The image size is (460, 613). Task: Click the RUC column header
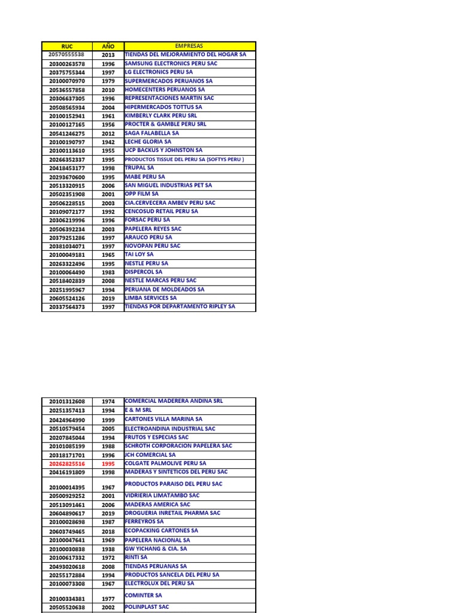[x=67, y=46]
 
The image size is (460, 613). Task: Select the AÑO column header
[x=108, y=46]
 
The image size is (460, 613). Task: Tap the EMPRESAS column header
[x=189, y=46]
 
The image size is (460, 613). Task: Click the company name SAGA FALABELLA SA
[x=152, y=133]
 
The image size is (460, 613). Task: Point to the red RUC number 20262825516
[x=67, y=463]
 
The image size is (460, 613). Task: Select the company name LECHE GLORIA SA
[x=148, y=142]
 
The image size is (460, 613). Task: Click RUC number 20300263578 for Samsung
[x=67, y=64]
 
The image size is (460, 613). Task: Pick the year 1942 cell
[x=108, y=142]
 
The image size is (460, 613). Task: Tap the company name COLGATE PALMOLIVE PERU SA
[x=165, y=463]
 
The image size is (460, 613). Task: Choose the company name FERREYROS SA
[x=144, y=521]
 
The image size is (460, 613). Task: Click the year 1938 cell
[x=108, y=549]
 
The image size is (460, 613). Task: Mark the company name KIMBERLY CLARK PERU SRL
[x=160, y=116]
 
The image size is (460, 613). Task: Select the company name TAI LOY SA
[x=139, y=254]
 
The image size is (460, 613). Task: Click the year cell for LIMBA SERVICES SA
[x=108, y=299]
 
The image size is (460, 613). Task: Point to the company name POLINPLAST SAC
[x=147, y=606]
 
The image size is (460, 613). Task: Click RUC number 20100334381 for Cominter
[x=67, y=598]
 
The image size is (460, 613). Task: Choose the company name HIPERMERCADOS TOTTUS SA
[x=163, y=107]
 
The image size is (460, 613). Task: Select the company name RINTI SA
[x=136, y=557]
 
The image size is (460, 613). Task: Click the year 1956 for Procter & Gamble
[x=108, y=125]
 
